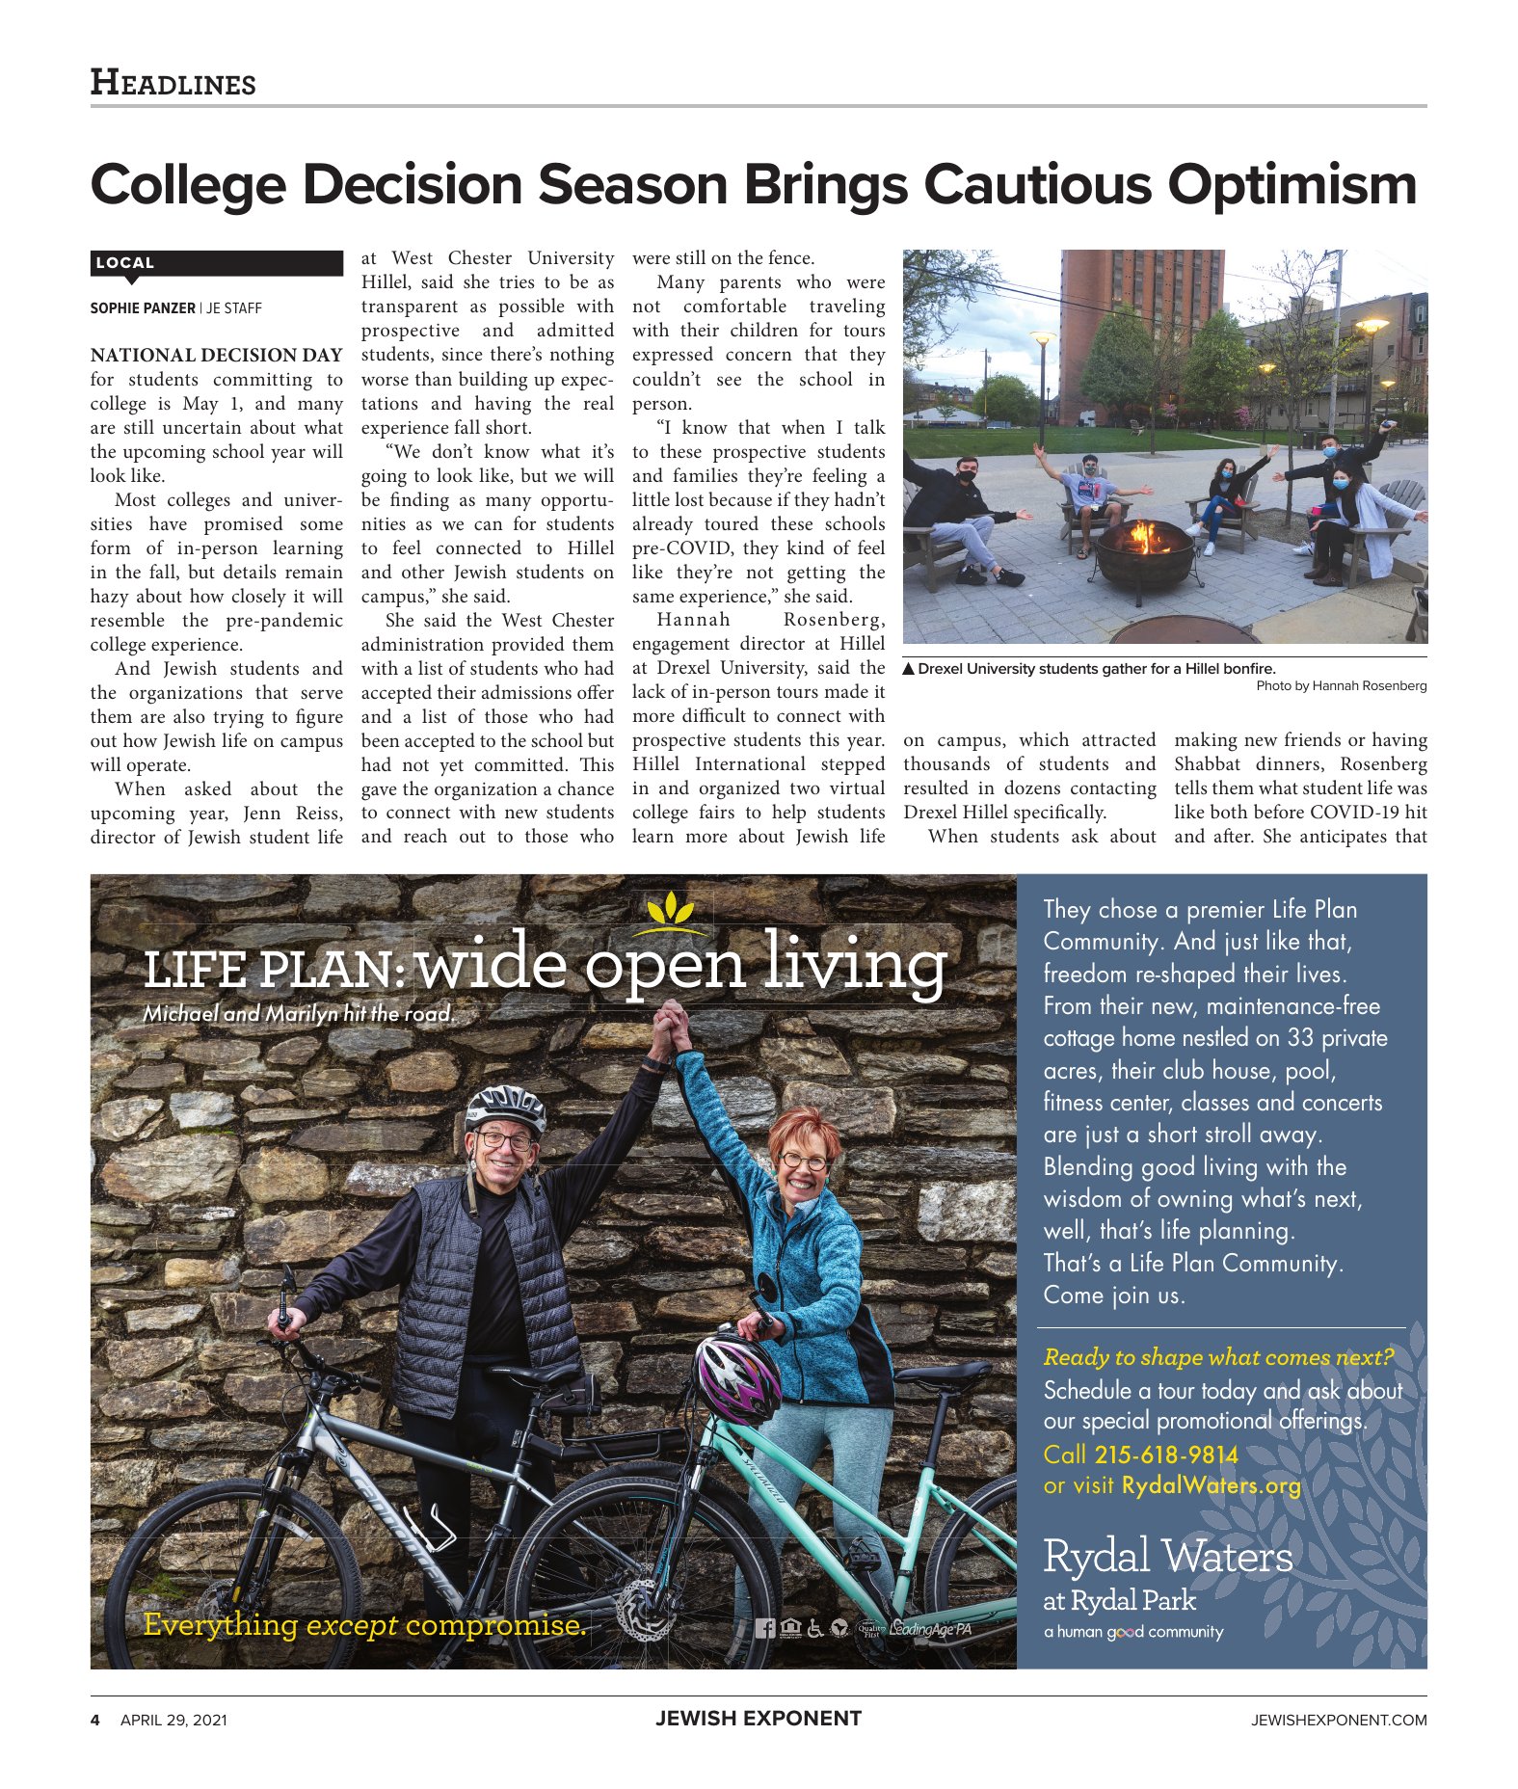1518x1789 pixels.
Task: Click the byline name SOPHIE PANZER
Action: click(x=142, y=308)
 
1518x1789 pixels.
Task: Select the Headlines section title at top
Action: click(x=173, y=83)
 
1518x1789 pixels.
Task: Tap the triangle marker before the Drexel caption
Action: click(x=908, y=669)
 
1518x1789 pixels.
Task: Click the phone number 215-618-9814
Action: click(x=1165, y=1455)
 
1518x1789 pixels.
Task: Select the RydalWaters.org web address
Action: click(x=1211, y=1485)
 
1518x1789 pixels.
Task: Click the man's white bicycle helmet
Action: click(x=505, y=1106)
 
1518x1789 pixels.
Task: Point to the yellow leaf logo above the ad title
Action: click(x=672, y=908)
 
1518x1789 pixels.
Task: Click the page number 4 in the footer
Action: click(x=95, y=1721)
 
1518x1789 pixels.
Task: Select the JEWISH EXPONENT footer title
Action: click(x=758, y=1719)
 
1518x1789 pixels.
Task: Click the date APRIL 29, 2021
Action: click(x=173, y=1721)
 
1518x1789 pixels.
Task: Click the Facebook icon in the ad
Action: click(x=764, y=1628)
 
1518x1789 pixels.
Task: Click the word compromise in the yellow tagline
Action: click(x=495, y=1625)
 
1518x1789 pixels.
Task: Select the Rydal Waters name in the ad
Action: click(x=1167, y=1558)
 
